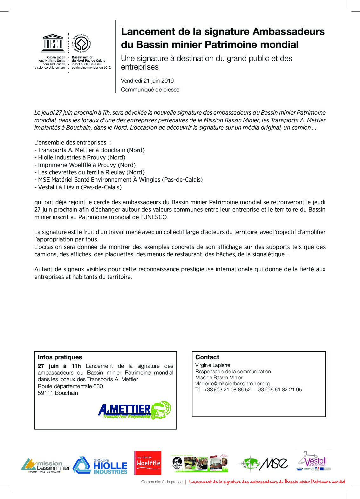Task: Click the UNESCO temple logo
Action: coord(53,44)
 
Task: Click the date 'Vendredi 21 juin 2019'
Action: coord(147,81)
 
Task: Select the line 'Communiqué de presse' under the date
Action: coord(150,90)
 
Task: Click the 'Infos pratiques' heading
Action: coord(60,357)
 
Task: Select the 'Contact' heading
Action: coord(207,357)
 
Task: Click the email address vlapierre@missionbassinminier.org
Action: coord(232,384)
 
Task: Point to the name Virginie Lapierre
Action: coord(213,365)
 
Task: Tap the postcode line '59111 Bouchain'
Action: coord(58,393)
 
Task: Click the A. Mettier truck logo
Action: coord(134,410)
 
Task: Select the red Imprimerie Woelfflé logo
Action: coord(148,463)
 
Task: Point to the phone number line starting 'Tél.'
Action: coord(248,390)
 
